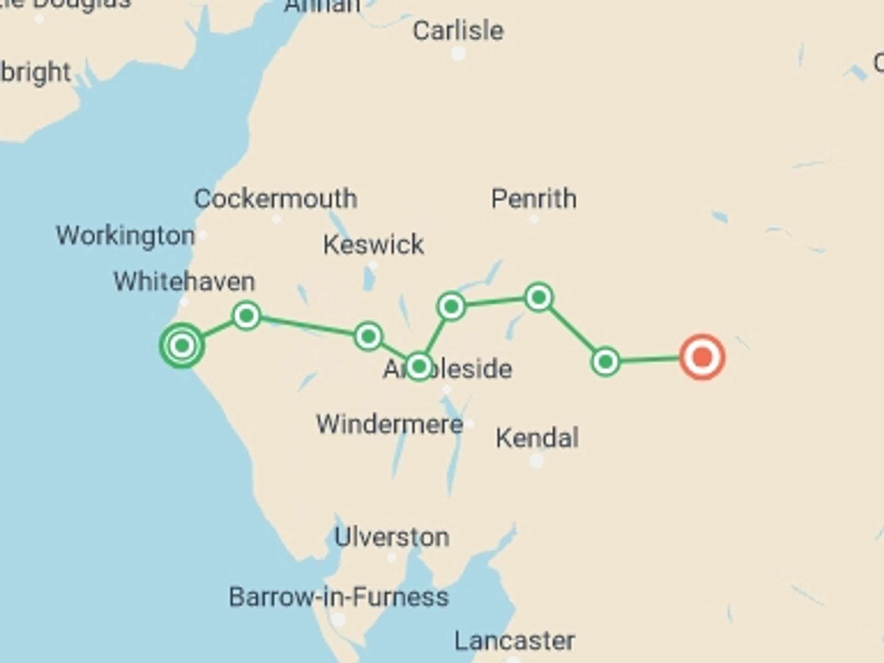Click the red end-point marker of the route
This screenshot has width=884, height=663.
click(702, 357)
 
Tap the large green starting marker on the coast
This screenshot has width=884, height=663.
click(182, 345)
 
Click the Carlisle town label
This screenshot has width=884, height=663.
click(458, 31)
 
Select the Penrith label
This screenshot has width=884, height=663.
click(534, 199)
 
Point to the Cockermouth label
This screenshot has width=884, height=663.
click(276, 199)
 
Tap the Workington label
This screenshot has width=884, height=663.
click(125, 236)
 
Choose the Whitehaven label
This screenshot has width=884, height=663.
click(184, 281)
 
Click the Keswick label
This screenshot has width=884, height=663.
click(373, 244)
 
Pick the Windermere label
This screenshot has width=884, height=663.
click(390, 424)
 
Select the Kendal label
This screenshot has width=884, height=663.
click(537, 438)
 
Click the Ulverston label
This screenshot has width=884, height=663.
click(392, 537)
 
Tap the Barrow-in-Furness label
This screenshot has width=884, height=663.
click(339, 597)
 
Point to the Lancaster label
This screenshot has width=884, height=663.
click(515, 641)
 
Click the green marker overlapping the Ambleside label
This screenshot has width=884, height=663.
click(419, 366)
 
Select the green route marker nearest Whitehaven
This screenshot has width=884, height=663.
click(247, 316)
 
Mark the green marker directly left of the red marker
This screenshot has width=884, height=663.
click(605, 362)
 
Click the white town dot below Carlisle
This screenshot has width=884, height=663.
click(458, 53)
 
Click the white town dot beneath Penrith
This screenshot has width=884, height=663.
click(534, 220)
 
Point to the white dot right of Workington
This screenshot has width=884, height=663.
click(203, 236)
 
